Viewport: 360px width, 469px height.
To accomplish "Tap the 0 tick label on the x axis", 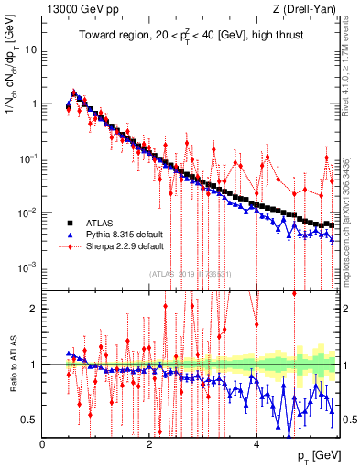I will [x=43, y=444].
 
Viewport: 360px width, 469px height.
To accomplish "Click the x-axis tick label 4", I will [x=256, y=444].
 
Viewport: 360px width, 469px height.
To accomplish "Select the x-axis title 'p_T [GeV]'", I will [x=320, y=456].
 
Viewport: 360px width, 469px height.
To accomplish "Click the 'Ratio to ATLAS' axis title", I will [x=11, y=364].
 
